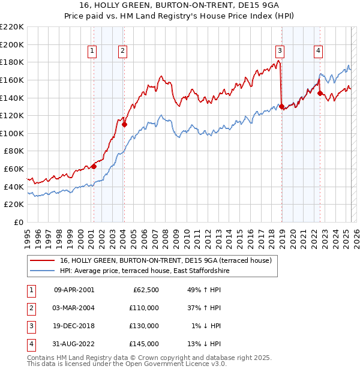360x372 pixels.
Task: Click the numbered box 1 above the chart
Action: (x=92, y=52)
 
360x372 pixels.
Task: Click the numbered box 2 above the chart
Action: (x=122, y=52)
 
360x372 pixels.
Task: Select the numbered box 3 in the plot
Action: (x=280, y=52)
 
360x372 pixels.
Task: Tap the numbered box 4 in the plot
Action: (x=318, y=52)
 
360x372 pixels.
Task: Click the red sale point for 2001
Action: (x=94, y=166)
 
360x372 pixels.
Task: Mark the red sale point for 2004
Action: (x=124, y=124)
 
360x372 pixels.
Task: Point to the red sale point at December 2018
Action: (x=281, y=107)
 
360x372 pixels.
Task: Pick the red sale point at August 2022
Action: (x=320, y=93)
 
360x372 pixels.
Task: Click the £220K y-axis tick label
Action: (x=12, y=27)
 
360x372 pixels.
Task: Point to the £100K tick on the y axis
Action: (x=12, y=133)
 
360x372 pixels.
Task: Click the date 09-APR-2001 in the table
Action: (x=74, y=290)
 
